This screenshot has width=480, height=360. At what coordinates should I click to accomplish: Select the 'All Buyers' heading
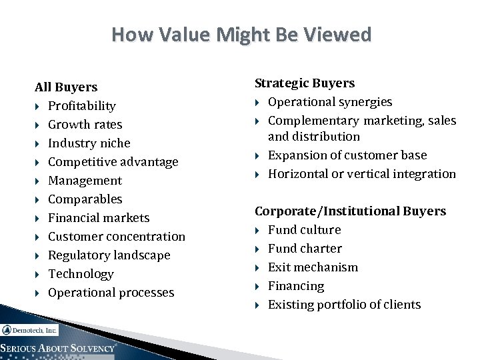66,87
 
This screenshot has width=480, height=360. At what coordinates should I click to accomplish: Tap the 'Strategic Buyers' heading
305,83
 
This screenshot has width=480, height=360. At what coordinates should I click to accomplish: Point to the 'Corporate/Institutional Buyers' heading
350,211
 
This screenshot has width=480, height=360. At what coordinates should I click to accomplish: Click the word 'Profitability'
82,106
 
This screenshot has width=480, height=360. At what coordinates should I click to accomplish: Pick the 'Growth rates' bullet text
85,125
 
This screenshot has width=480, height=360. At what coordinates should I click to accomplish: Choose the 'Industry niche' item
89,143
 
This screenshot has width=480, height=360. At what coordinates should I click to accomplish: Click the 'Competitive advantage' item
113,162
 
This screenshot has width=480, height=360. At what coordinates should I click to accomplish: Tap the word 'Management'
85,181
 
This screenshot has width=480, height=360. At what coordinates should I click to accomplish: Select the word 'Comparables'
85,199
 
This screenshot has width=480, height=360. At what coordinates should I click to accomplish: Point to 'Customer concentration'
117,237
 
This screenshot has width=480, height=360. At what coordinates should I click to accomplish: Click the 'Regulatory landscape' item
109,255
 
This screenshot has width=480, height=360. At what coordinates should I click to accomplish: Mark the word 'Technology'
81,274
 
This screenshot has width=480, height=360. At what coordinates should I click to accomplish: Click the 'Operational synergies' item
330,102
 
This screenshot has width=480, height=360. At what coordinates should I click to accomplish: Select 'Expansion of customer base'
347,155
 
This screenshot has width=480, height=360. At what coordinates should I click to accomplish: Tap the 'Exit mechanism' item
313,267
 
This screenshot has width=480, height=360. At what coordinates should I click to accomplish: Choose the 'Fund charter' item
305,249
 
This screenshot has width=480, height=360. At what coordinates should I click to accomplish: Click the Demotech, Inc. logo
29,330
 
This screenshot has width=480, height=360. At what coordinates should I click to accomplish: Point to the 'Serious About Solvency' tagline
59,349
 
